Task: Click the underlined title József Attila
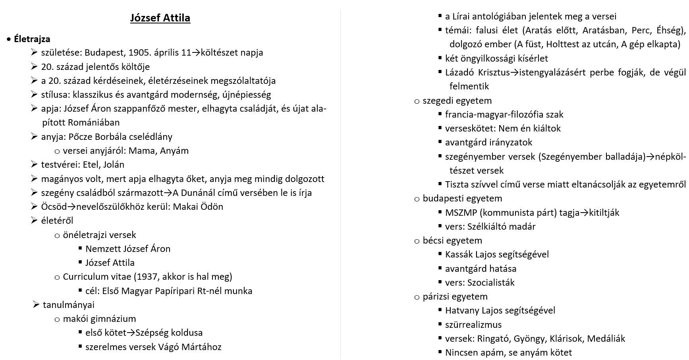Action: coord(160,18)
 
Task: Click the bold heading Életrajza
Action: coord(32,39)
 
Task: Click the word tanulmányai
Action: coord(69,305)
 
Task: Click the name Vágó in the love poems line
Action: coord(168,347)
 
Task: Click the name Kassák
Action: coord(459,254)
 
